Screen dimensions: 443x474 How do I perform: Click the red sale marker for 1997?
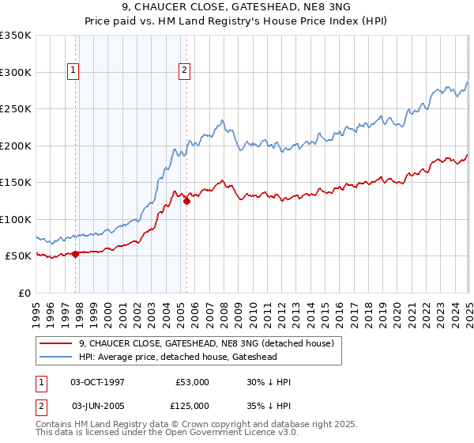tap(76, 254)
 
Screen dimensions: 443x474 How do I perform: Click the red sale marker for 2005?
tap(186, 201)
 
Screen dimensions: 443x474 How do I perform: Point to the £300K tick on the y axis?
tap(17, 72)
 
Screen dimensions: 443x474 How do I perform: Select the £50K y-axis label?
tap(19, 256)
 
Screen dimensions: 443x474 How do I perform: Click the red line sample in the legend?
tap(55, 343)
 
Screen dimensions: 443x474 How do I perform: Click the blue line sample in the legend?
tap(55, 357)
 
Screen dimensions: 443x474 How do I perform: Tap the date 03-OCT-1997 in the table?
tap(97, 382)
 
